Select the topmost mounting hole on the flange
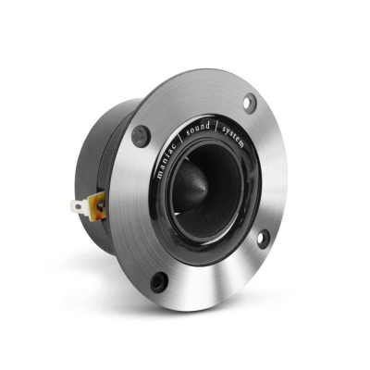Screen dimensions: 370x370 click(250, 102)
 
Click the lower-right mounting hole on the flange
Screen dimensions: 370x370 click(262, 238)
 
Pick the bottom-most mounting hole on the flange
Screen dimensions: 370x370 click(160, 279)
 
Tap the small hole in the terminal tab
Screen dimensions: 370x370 click(79, 208)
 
